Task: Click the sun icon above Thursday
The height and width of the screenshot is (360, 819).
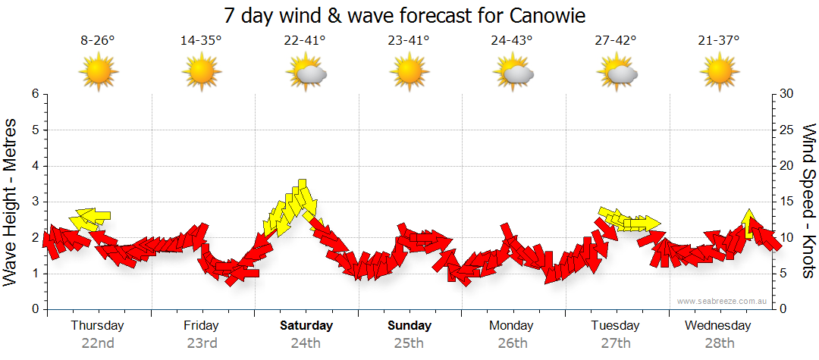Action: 98,72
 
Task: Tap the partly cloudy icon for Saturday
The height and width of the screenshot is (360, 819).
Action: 306,72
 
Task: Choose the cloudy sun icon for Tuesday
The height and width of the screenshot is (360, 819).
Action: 616,72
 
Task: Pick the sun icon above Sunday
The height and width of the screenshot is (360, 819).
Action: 409,72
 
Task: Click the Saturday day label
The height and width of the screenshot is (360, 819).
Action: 306,325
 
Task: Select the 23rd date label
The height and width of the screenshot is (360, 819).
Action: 201,343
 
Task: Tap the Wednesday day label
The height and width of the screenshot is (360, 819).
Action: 718,325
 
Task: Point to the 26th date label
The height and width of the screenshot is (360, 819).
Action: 513,343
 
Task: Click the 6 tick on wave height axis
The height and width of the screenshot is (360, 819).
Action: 34,94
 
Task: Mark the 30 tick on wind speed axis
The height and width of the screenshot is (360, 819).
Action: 786,94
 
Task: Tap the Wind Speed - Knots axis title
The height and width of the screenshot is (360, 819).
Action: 808,202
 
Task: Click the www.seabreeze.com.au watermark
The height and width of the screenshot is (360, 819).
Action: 723,301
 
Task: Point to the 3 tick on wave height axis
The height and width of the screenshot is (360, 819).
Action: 34,202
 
